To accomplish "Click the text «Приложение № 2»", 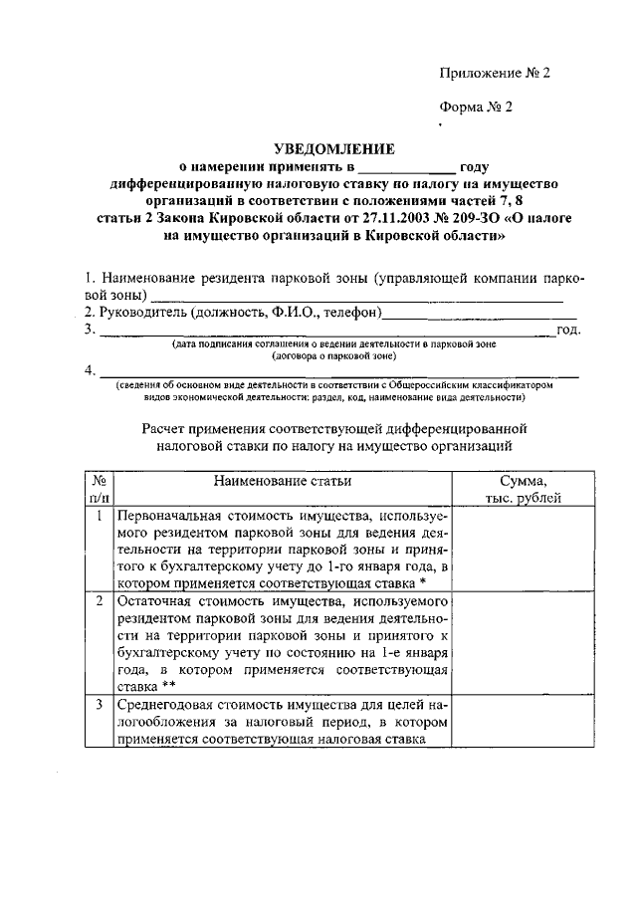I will pos(494,73).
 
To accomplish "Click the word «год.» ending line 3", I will pos(569,329).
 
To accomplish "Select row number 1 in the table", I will pos(99,516).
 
